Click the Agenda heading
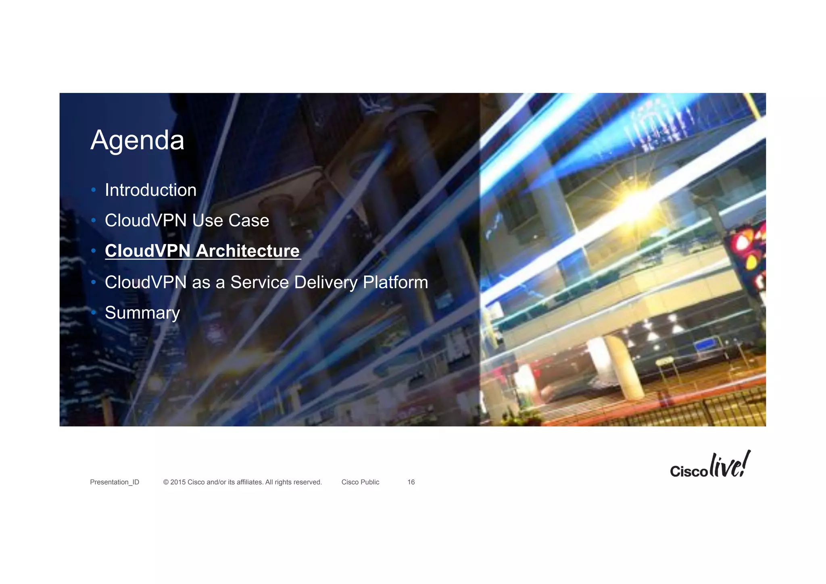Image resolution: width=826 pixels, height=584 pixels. coord(137,140)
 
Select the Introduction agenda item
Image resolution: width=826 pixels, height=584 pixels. coord(150,190)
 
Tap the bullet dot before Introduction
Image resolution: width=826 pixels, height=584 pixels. coord(94,190)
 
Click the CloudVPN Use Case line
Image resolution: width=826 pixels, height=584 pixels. coord(187,220)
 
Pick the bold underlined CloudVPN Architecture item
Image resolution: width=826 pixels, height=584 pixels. coord(202,251)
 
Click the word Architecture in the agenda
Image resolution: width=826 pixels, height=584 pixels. coord(248,251)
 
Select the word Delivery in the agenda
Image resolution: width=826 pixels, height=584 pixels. coord(326,282)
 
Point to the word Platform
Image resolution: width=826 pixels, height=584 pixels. coord(395,282)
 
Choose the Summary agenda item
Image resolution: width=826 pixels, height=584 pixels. coord(142,313)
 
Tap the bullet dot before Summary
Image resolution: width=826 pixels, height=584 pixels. coord(94,312)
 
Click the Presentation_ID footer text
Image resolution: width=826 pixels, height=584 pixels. coord(115,482)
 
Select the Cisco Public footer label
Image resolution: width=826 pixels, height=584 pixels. coord(360,482)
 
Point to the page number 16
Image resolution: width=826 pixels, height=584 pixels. coord(411,482)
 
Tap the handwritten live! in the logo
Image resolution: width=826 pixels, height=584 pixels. coord(730,465)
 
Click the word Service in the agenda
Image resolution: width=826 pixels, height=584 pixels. coord(259,282)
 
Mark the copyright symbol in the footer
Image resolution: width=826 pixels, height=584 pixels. coord(166,482)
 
